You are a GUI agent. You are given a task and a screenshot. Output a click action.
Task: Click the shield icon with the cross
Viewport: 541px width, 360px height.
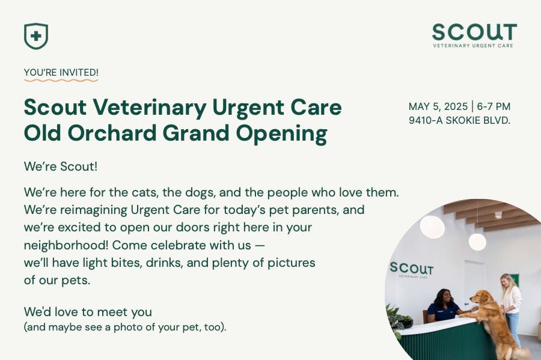point(36,36)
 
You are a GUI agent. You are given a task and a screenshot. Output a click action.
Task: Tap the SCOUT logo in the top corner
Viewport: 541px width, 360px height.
point(474,35)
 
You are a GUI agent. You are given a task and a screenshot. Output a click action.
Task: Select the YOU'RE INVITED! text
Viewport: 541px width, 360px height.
point(61,73)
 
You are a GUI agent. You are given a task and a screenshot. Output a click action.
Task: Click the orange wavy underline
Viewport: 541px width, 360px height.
point(61,80)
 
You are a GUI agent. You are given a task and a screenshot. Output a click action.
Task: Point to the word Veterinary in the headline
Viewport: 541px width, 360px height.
point(149,108)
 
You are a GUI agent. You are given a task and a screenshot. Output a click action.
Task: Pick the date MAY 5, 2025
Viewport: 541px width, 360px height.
point(438,106)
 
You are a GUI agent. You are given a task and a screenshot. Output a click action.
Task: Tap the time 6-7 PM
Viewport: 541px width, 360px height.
point(494,106)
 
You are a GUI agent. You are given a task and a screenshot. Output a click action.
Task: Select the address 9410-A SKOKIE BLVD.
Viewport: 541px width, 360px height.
point(459,120)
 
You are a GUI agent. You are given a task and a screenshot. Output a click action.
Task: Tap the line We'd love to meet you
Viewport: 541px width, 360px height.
point(88,312)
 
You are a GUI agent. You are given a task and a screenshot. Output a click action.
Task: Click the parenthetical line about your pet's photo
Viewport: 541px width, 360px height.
point(125,328)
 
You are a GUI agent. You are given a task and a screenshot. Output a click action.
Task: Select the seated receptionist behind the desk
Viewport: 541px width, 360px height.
point(443,305)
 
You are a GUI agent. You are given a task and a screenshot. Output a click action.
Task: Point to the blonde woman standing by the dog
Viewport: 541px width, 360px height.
point(511,304)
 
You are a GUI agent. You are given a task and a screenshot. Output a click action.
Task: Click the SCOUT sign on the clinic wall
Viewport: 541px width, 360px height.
point(411,269)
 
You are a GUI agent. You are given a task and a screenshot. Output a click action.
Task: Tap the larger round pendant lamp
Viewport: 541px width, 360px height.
point(432,227)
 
